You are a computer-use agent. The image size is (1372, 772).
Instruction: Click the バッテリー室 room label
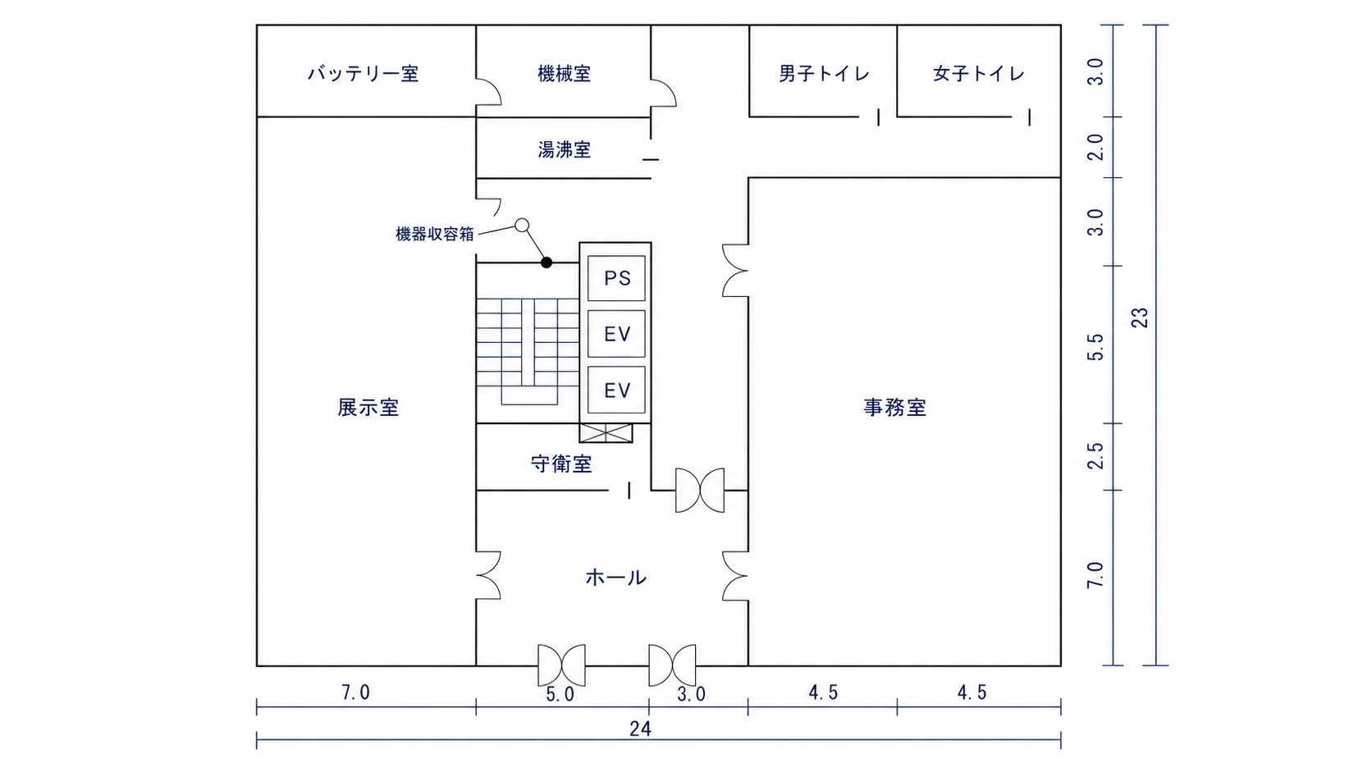click(363, 74)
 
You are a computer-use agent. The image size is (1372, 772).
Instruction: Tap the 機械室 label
click(564, 74)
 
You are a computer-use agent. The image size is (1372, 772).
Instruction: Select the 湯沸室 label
click(564, 149)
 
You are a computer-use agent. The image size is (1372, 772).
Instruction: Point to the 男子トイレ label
click(824, 74)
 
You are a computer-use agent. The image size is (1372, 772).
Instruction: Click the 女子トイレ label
click(978, 74)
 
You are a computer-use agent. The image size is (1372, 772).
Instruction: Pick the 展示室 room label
click(368, 407)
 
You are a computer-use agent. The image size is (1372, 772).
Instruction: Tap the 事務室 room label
click(895, 407)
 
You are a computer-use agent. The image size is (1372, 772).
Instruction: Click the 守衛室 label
click(561, 464)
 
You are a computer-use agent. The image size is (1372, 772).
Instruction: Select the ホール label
click(615, 577)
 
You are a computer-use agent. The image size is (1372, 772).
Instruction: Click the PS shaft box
click(616, 278)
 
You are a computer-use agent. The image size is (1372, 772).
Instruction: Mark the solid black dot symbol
click(547, 263)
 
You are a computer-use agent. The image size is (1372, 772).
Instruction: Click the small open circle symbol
click(522, 226)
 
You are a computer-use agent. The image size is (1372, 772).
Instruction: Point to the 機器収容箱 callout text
click(435, 234)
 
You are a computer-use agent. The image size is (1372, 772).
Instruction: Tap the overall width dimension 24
click(640, 729)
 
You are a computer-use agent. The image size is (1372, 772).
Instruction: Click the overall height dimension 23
click(1140, 317)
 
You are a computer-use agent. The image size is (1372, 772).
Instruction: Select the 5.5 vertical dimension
click(1095, 346)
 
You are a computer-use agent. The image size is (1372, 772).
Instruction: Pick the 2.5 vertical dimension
click(1095, 455)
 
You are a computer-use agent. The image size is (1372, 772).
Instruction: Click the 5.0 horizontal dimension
click(560, 694)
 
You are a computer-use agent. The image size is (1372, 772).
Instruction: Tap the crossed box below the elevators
click(606, 433)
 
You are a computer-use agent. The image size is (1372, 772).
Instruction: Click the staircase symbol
click(528, 351)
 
